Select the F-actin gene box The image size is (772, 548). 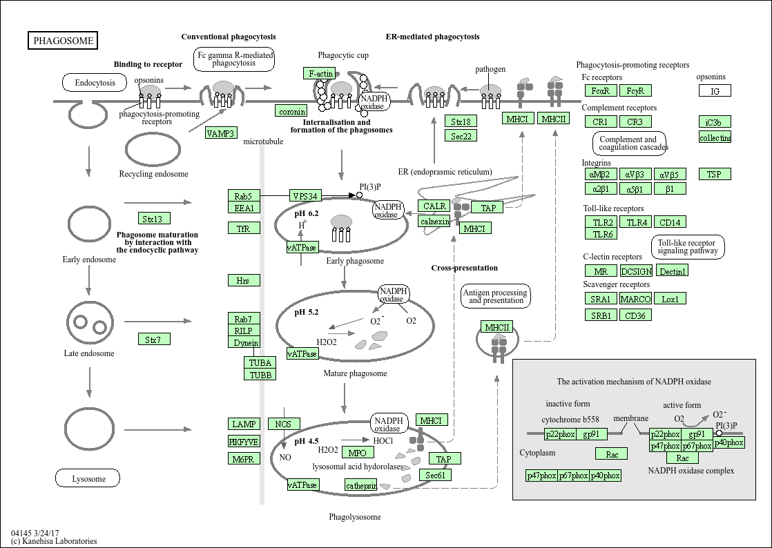click(x=320, y=73)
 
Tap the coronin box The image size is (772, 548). click(x=291, y=111)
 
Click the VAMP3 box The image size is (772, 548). click(x=221, y=133)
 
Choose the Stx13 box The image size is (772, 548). click(x=153, y=219)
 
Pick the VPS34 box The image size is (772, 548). click(x=305, y=196)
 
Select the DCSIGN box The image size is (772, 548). click(x=636, y=271)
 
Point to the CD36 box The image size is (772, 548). click(x=635, y=315)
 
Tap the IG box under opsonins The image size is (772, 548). click(x=715, y=91)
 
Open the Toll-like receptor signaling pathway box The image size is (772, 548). click(x=688, y=247)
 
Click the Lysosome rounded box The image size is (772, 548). click(x=88, y=478)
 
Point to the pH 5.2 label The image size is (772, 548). click(x=307, y=312)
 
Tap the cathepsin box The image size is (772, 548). click(x=361, y=485)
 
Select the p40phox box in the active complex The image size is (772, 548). click(x=728, y=442)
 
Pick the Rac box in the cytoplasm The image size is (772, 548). click(x=611, y=454)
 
